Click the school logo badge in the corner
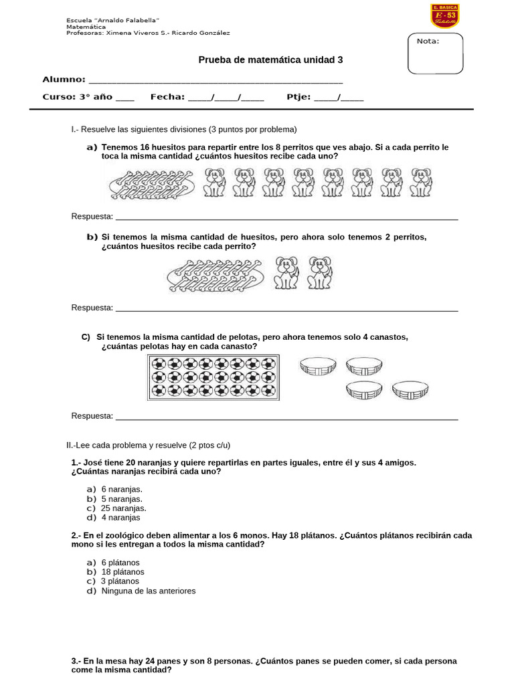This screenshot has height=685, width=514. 444,16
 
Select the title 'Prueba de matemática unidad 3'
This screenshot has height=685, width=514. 270,60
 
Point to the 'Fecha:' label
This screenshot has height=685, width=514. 167,97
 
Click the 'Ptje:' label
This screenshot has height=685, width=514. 298,97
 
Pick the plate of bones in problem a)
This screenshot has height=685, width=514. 152,183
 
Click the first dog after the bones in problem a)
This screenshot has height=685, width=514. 214,183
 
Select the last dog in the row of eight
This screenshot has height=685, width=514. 421,183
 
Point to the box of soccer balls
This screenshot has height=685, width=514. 213,378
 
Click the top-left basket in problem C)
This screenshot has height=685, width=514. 318,367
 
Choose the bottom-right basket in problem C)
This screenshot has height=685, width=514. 410,390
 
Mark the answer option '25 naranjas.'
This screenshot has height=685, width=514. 123,508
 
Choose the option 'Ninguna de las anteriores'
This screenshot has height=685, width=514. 148,591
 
